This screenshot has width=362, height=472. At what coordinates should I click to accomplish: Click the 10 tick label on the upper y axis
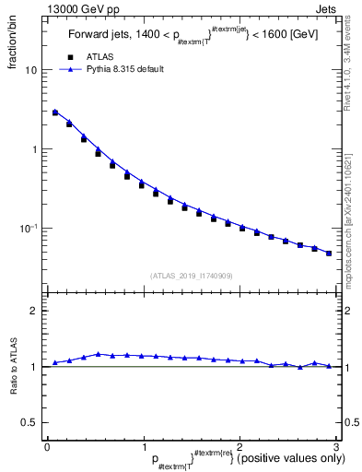point(31,70)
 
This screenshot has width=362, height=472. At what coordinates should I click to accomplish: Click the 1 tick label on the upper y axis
point(34,149)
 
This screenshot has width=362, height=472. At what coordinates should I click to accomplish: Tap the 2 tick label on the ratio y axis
point(34,311)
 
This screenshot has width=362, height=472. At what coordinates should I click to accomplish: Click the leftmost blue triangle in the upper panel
point(55,112)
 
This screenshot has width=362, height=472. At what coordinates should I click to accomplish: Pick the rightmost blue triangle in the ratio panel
point(328,366)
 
